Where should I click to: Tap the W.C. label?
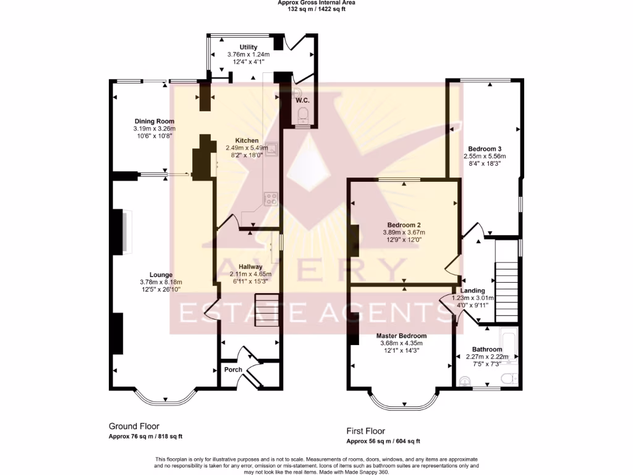[x=302, y=100]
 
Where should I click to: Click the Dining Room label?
[x=155, y=121]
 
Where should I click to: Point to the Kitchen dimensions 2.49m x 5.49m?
[x=247, y=148]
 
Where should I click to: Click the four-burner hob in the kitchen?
[x=271, y=199]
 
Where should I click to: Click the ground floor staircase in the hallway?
[x=267, y=309]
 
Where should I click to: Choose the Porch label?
[x=233, y=370]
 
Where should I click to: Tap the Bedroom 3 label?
[x=484, y=149]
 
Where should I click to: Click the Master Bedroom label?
[x=402, y=336]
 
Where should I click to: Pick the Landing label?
[x=472, y=290]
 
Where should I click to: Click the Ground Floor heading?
[x=134, y=426]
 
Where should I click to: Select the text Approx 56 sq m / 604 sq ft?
[x=383, y=441]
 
